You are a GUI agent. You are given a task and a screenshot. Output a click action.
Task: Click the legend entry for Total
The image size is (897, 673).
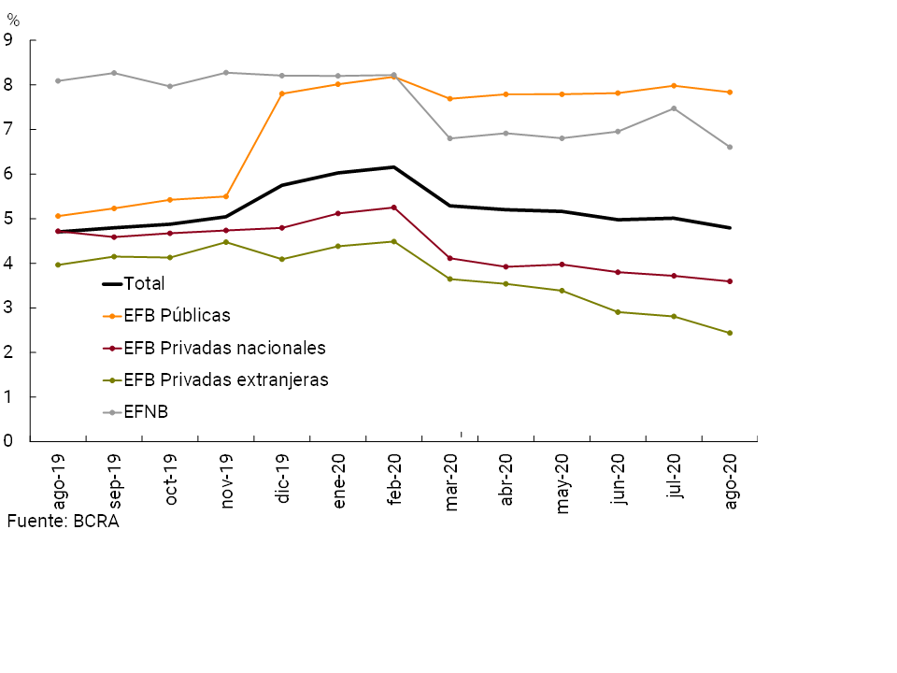[x=144, y=284]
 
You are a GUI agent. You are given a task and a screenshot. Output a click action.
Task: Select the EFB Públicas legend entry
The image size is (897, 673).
[x=177, y=316]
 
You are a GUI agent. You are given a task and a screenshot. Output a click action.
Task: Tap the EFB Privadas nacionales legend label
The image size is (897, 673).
[x=224, y=348]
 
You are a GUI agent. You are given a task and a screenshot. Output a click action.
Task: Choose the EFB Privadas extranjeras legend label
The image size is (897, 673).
[x=225, y=379]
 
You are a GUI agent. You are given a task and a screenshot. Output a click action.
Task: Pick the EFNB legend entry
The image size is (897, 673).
[x=146, y=411]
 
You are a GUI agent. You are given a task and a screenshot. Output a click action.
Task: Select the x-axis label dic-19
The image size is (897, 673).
[x=282, y=480]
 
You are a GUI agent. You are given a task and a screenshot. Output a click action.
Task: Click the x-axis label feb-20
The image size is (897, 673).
[x=393, y=480]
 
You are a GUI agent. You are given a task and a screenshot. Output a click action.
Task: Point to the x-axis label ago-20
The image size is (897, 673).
[x=731, y=480]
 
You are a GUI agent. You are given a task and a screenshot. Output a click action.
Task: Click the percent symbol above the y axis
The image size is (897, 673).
[x=12, y=20]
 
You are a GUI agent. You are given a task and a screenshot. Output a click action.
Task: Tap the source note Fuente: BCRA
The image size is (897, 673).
[x=63, y=522]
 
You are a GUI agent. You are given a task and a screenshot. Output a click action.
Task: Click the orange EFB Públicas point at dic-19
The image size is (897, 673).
[x=282, y=93]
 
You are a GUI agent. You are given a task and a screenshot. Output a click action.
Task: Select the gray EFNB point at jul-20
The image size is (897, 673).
[x=674, y=108]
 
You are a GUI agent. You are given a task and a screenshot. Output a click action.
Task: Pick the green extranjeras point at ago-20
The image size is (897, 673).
[x=730, y=333]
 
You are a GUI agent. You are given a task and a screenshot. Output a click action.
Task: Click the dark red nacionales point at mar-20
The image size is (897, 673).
[x=450, y=258]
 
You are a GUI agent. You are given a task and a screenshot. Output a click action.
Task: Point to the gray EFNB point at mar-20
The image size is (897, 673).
[x=450, y=138]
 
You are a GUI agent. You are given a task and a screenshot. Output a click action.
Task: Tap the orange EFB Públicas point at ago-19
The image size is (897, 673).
[x=58, y=216]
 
